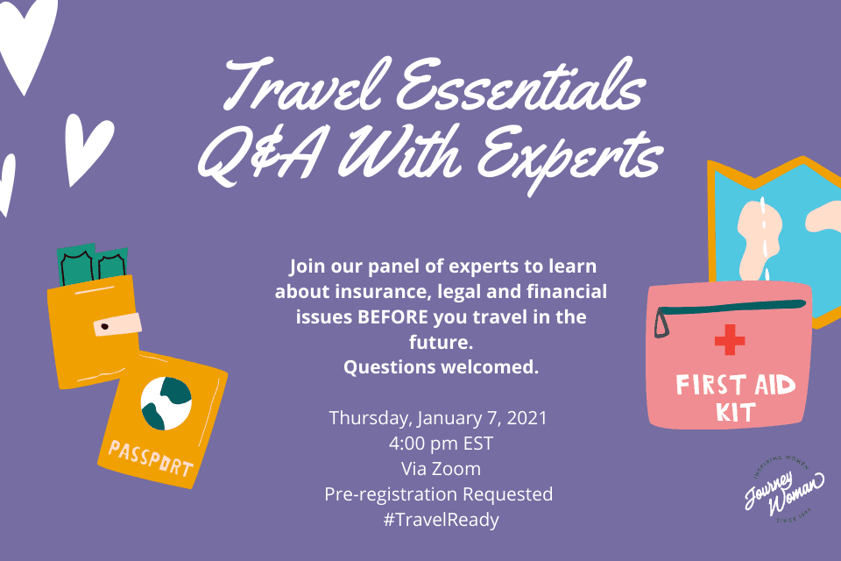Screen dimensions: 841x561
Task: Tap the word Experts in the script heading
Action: click(x=569, y=157)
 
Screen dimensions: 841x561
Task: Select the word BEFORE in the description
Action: click(x=393, y=316)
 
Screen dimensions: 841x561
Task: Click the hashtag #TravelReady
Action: click(x=441, y=520)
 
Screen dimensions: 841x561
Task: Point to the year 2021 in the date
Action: click(x=527, y=417)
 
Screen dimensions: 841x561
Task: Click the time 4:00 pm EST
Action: click(x=441, y=444)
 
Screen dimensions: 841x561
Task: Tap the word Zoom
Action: click(x=456, y=469)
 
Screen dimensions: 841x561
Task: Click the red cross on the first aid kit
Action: click(x=730, y=340)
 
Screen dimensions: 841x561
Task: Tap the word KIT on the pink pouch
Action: click(x=735, y=412)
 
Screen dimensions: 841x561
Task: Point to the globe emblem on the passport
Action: click(x=166, y=404)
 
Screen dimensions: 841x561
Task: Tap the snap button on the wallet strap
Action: click(x=105, y=326)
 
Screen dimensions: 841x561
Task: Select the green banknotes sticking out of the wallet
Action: click(x=92, y=263)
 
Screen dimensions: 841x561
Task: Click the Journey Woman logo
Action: click(x=784, y=489)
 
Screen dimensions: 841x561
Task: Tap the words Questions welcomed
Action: click(x=441, y=367)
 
